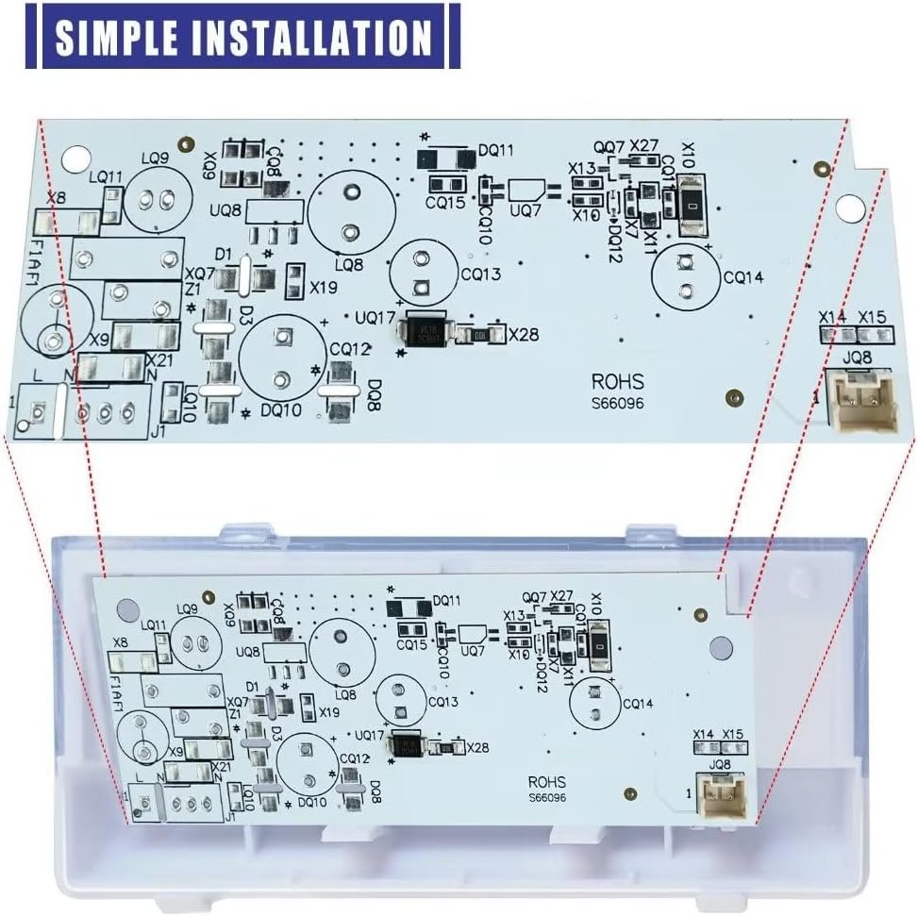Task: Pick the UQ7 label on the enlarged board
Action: tap(525, 212)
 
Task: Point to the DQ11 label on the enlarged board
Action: tap(494, 149)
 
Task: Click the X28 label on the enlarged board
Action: tap(525, 333)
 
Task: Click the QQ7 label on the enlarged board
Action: tap(609, 147)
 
